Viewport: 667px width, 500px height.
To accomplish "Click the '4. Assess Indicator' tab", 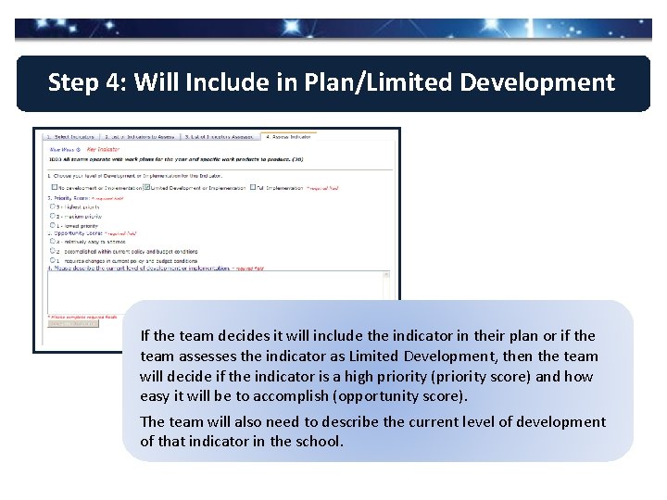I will (x=288, y=137).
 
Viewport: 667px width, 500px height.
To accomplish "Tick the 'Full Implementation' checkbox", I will (x=252, y=187).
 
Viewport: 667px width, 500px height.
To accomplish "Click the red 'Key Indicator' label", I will (x=105, y=148).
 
